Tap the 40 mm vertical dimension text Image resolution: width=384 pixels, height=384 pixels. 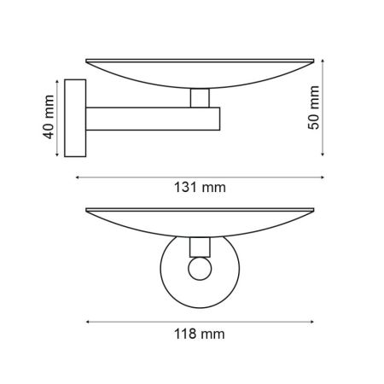pos(49,119)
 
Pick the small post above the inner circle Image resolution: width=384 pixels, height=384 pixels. pos(200,247)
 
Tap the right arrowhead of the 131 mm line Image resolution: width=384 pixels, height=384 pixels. pos(323,177)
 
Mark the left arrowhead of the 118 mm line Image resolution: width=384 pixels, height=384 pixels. pos(90,322)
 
